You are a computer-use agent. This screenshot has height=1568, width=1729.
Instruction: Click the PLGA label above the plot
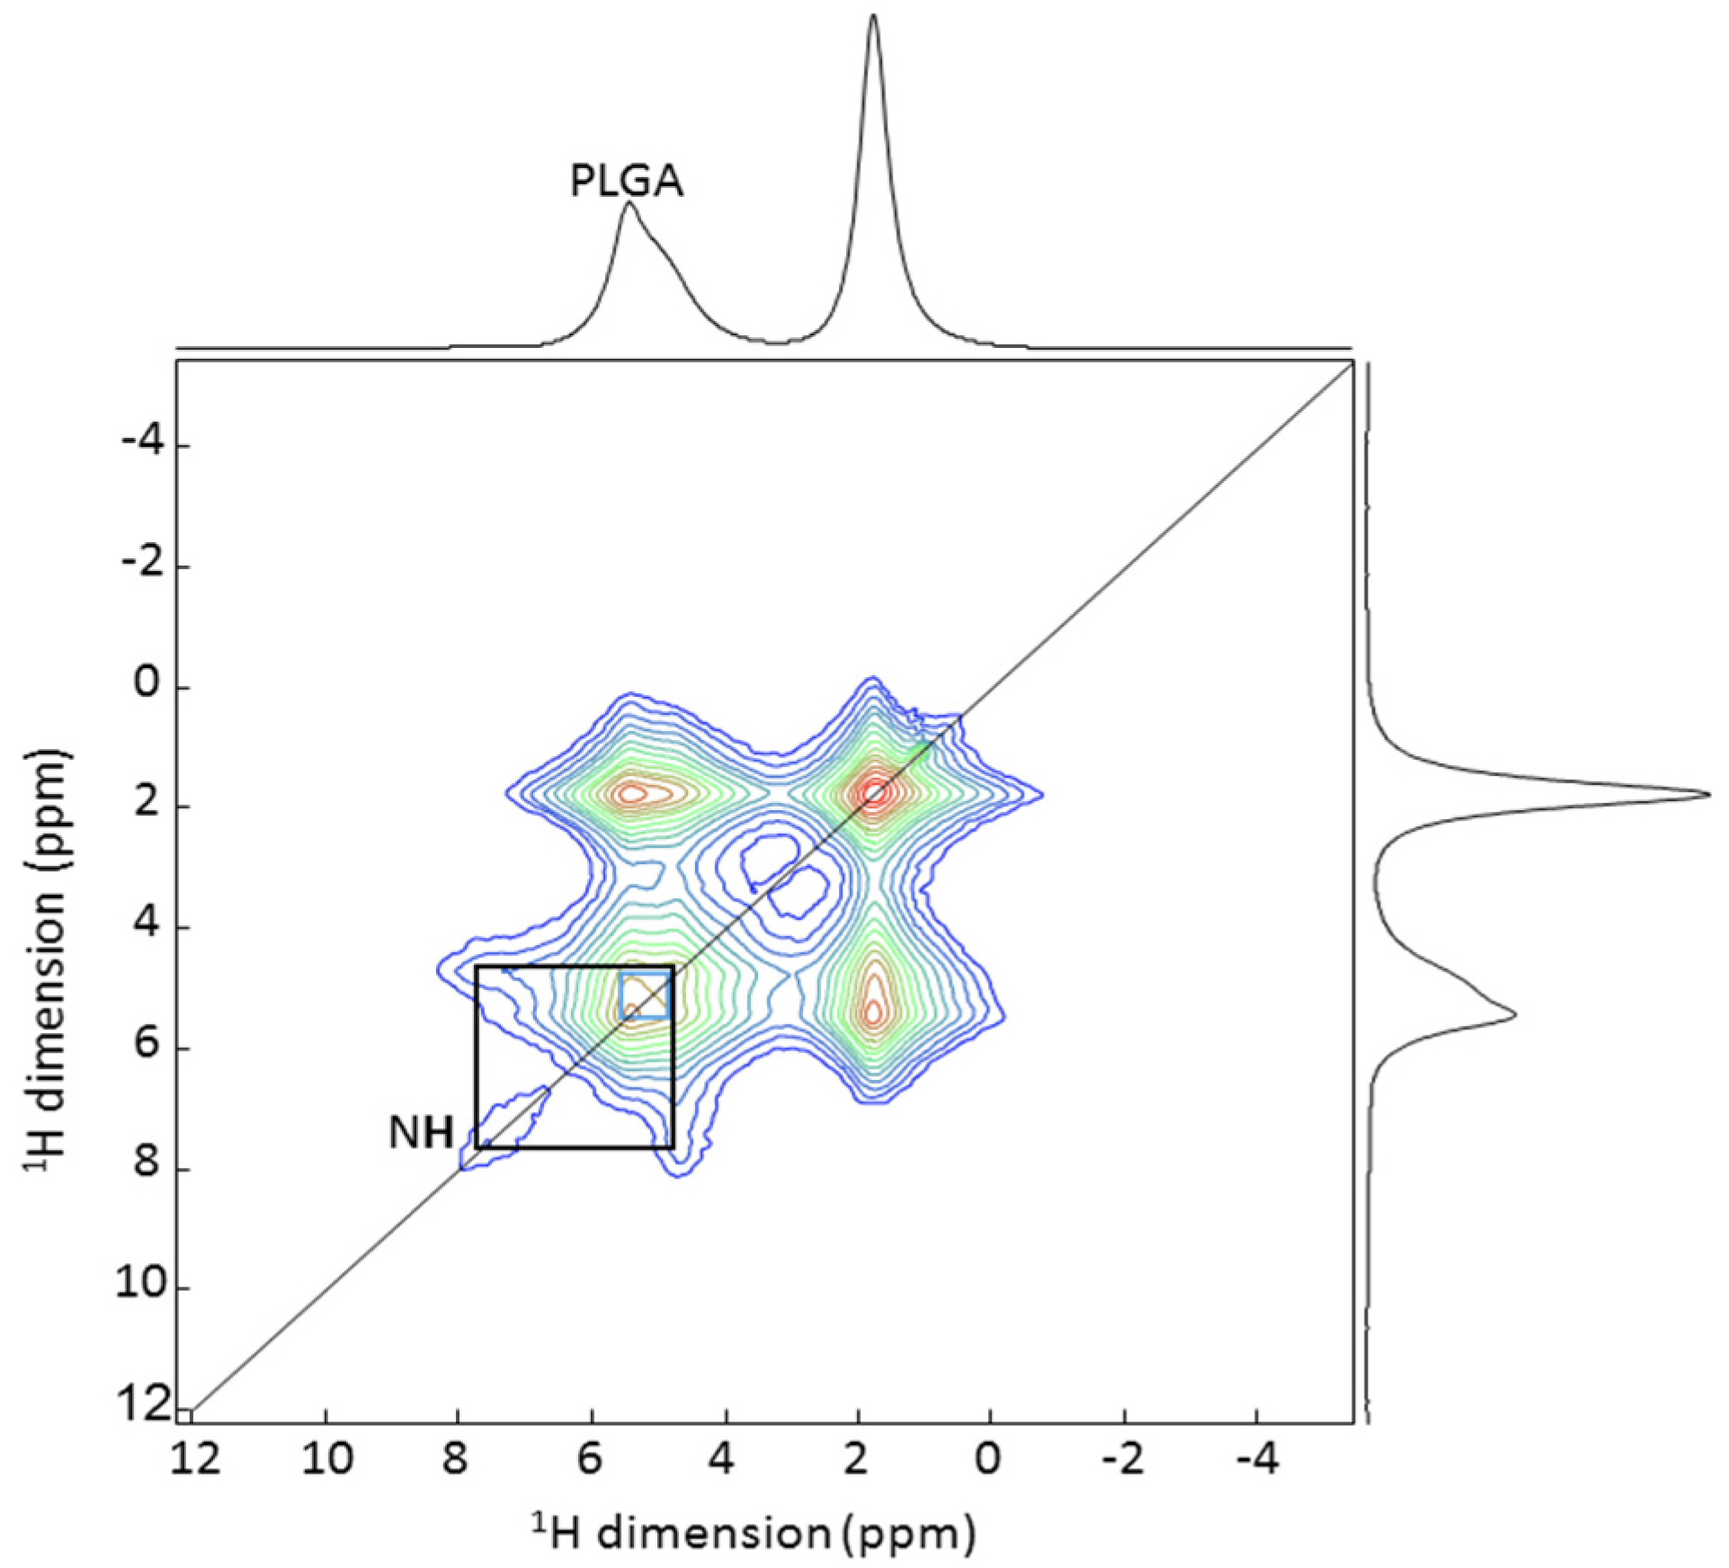pyautogui.click(x=627, y=181)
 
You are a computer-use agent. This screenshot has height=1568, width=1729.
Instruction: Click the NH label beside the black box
pyautogui.click(x=421, y=1133)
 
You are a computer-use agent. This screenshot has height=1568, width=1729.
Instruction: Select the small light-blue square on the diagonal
pyautogui.click(x=645, y=994)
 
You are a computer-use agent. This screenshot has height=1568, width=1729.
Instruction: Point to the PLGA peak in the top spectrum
pyautogui.click(x=628, y=205)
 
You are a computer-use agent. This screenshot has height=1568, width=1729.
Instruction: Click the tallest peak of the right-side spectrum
pyautogui.click(x=1706, y=794)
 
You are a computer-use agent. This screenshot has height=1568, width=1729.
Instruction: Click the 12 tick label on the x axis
pyautogui.click(x=195, y=1458)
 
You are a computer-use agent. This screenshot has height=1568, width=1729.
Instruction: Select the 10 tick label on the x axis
pyautogui.click(x=327, y=1458)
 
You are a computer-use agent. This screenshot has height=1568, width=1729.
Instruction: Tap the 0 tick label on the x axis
pyautogui.click(x=988, y=1458)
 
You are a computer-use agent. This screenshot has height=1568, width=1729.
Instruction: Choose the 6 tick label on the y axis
pyautogui.click(x=147, y=1047)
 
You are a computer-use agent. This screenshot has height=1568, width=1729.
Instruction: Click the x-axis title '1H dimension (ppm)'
pyautogui.click(x=753, y=1533)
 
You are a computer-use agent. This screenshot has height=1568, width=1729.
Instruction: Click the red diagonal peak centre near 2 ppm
pyautogui.click(x=873, y=794)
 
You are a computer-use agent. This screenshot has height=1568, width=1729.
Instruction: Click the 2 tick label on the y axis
pyautogui.click(x=147, y=805)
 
